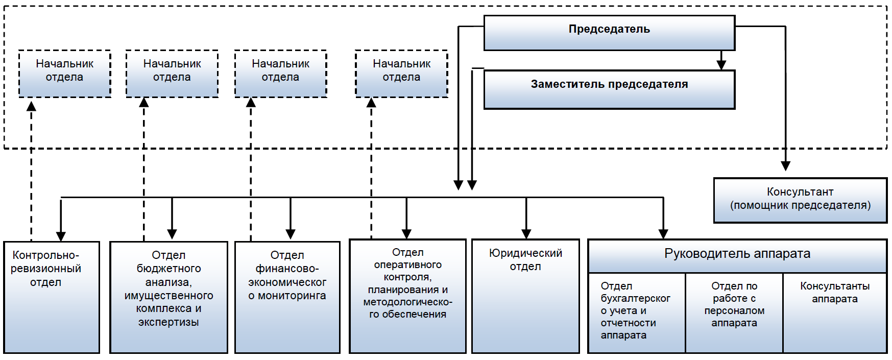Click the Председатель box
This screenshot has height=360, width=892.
click(x=609, y=33)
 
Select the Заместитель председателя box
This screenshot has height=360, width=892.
click(x=609, y=89)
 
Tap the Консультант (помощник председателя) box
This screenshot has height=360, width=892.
click(x=800, y=200)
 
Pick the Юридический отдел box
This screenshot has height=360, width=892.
click(x=525, y=296)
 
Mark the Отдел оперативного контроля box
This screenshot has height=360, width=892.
click(x=407, y=296)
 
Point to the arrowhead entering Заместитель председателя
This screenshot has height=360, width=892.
click(x=721, y=65)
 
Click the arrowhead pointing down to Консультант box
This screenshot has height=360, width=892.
click(x=785, y=166)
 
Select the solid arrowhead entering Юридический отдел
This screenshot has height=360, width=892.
click(x=526, y=234)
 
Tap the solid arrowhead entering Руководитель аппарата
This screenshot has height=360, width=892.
click(x=663, y=234)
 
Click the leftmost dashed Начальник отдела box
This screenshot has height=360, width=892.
click(x=65, y=74)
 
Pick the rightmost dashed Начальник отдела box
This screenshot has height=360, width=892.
click(x=401, y=74)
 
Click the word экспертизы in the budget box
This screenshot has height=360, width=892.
click(x=168, y=322)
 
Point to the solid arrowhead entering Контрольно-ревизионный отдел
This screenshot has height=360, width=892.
click(x=61, y=236)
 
